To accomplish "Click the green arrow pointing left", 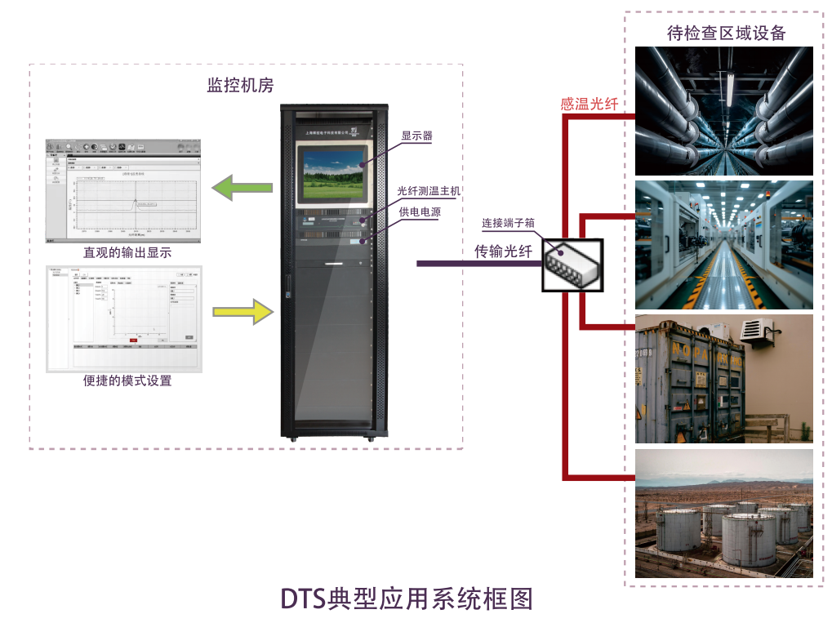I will coord(242,188).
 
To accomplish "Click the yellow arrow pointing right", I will coord(243,311).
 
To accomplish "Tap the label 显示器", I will coord(416,136).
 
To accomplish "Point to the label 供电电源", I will coord(420,211).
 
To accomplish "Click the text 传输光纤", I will coord(503,251).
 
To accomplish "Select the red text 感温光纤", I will coord(589,104).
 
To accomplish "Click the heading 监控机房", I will coord(240,86).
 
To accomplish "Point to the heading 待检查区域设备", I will coord(726,33).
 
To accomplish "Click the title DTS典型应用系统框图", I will coord(407,599).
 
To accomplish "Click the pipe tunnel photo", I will coord(724,110).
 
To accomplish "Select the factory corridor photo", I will coord(724,245).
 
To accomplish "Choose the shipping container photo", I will coord(724,379).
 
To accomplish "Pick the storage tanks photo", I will coord(724,513).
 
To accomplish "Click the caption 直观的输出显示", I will coord(127,253).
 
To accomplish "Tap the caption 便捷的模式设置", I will coord(127,380).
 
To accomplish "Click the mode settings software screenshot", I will coord(123,318).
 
